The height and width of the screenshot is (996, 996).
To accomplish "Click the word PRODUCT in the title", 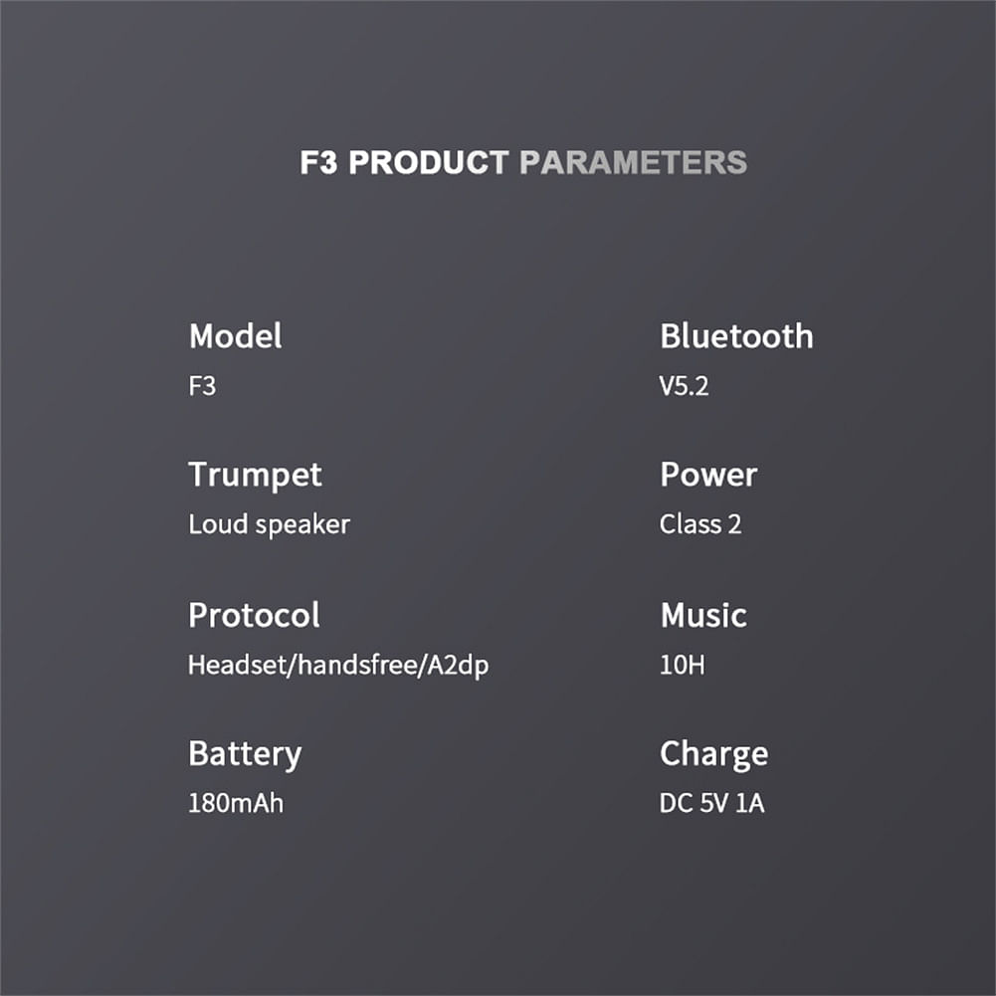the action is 429,162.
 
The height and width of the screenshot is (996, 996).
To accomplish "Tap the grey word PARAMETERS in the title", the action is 633,162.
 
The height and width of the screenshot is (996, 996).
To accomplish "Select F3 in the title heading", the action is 318,162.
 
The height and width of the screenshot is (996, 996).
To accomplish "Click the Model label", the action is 235,336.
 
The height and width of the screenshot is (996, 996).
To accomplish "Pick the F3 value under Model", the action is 202,386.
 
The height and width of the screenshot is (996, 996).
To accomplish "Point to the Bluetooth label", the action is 736,336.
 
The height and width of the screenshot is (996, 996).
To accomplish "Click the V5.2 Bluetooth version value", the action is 684,386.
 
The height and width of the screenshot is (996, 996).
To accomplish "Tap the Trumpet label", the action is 255,476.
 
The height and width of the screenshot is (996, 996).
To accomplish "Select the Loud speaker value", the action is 269,525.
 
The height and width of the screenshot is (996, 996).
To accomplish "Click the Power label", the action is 708,475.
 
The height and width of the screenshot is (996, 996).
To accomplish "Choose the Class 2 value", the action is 700,524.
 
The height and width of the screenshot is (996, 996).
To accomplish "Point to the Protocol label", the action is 254,615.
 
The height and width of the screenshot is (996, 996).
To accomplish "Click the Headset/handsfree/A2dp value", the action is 338,665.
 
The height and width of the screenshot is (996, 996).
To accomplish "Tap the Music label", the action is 703,615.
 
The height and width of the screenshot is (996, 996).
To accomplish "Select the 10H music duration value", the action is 682,665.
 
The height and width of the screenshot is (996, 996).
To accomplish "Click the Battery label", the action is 245,754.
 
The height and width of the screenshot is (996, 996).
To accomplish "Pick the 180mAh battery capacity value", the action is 236,803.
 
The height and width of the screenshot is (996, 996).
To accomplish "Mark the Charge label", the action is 714,754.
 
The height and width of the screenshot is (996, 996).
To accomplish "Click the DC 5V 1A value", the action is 711,803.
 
